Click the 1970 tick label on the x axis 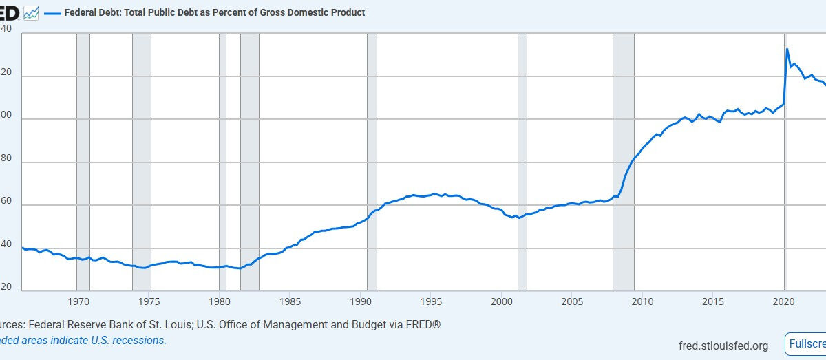[78, 301]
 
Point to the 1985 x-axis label [290, 301]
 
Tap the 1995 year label [431, 301]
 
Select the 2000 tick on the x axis [501, 301]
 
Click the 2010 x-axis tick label [642, 301]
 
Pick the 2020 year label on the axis [783, 301]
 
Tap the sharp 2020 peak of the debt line [787, 50]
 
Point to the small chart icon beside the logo [31, 12]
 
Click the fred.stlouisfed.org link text [723, 346]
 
